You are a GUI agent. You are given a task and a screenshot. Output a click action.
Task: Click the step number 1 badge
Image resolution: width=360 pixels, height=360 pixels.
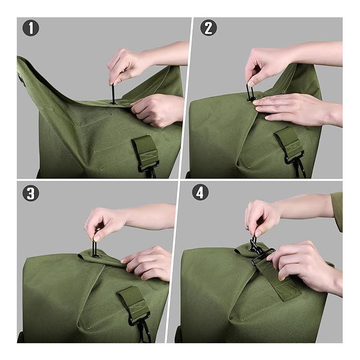click(x=31, y=28)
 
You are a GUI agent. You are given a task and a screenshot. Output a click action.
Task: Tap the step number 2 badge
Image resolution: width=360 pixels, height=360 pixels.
click(x=208, y=27)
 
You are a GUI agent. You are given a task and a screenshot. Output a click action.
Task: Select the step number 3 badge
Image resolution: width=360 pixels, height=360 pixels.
click(x=31, y=193)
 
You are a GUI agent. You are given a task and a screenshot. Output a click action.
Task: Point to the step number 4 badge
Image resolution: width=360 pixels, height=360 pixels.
click(x=200, y=192)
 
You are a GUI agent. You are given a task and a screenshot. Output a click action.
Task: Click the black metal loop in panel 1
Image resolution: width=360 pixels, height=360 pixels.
click(x=113, y=94)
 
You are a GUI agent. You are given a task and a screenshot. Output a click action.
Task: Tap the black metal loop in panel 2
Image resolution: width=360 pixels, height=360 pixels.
click(x=250, y=92)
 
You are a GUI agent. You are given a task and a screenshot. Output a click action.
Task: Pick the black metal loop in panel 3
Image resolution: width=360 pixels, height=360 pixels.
click(x=95, y=248)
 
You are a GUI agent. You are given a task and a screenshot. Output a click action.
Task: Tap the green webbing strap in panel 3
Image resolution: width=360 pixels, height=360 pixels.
click(x=133, y=301)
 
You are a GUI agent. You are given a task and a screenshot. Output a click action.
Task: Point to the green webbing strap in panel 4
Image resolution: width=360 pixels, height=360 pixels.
click(x=279, y=278)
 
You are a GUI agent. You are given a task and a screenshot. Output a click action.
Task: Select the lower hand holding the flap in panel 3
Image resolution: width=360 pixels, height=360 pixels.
click(x=147, y=264)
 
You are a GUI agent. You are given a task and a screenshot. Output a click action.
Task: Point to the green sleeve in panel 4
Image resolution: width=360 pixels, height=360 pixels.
click(x=337, y=211)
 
